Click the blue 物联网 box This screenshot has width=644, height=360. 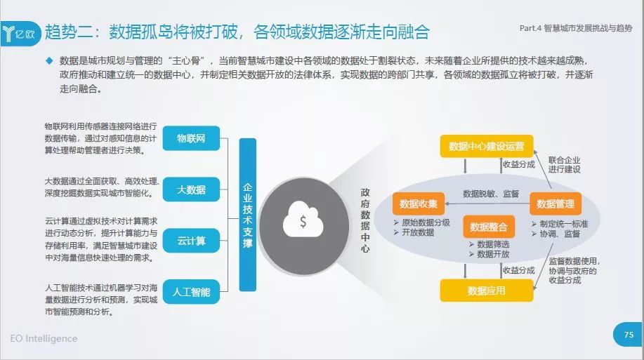click(x=191, y=138)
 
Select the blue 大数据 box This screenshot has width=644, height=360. click(x=191, y=189)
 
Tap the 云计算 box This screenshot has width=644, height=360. click(x=191, y=241)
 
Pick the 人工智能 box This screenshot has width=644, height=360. click(x=191, y=292)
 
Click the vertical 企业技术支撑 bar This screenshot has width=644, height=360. click(x=248, y=215)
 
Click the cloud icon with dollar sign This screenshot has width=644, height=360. click(x=303, y=219)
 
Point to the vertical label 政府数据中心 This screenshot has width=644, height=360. click(x=365, y=220)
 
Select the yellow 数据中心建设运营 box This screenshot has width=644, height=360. click(x=487, y=146)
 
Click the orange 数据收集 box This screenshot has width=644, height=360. click(x=419, y=204)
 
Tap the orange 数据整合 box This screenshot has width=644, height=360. click(x=489, y=227)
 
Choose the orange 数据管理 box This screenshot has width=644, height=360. click(x=556, y=204)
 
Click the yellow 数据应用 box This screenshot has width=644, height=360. click(x=487, y=291)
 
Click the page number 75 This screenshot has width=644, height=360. click(x=629, y=335)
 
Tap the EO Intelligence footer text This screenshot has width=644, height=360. click(x=44, y=338)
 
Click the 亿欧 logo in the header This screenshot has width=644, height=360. click(x=20, y=33)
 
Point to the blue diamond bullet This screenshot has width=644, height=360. click(x=49, y=61)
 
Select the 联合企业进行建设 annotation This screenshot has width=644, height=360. click(x=565, y=165)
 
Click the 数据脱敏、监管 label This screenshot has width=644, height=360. click(x=491, y=194)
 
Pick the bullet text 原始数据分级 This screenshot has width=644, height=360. click(x=426, y=222)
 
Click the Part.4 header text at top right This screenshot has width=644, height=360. click(x=576, y=28)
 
